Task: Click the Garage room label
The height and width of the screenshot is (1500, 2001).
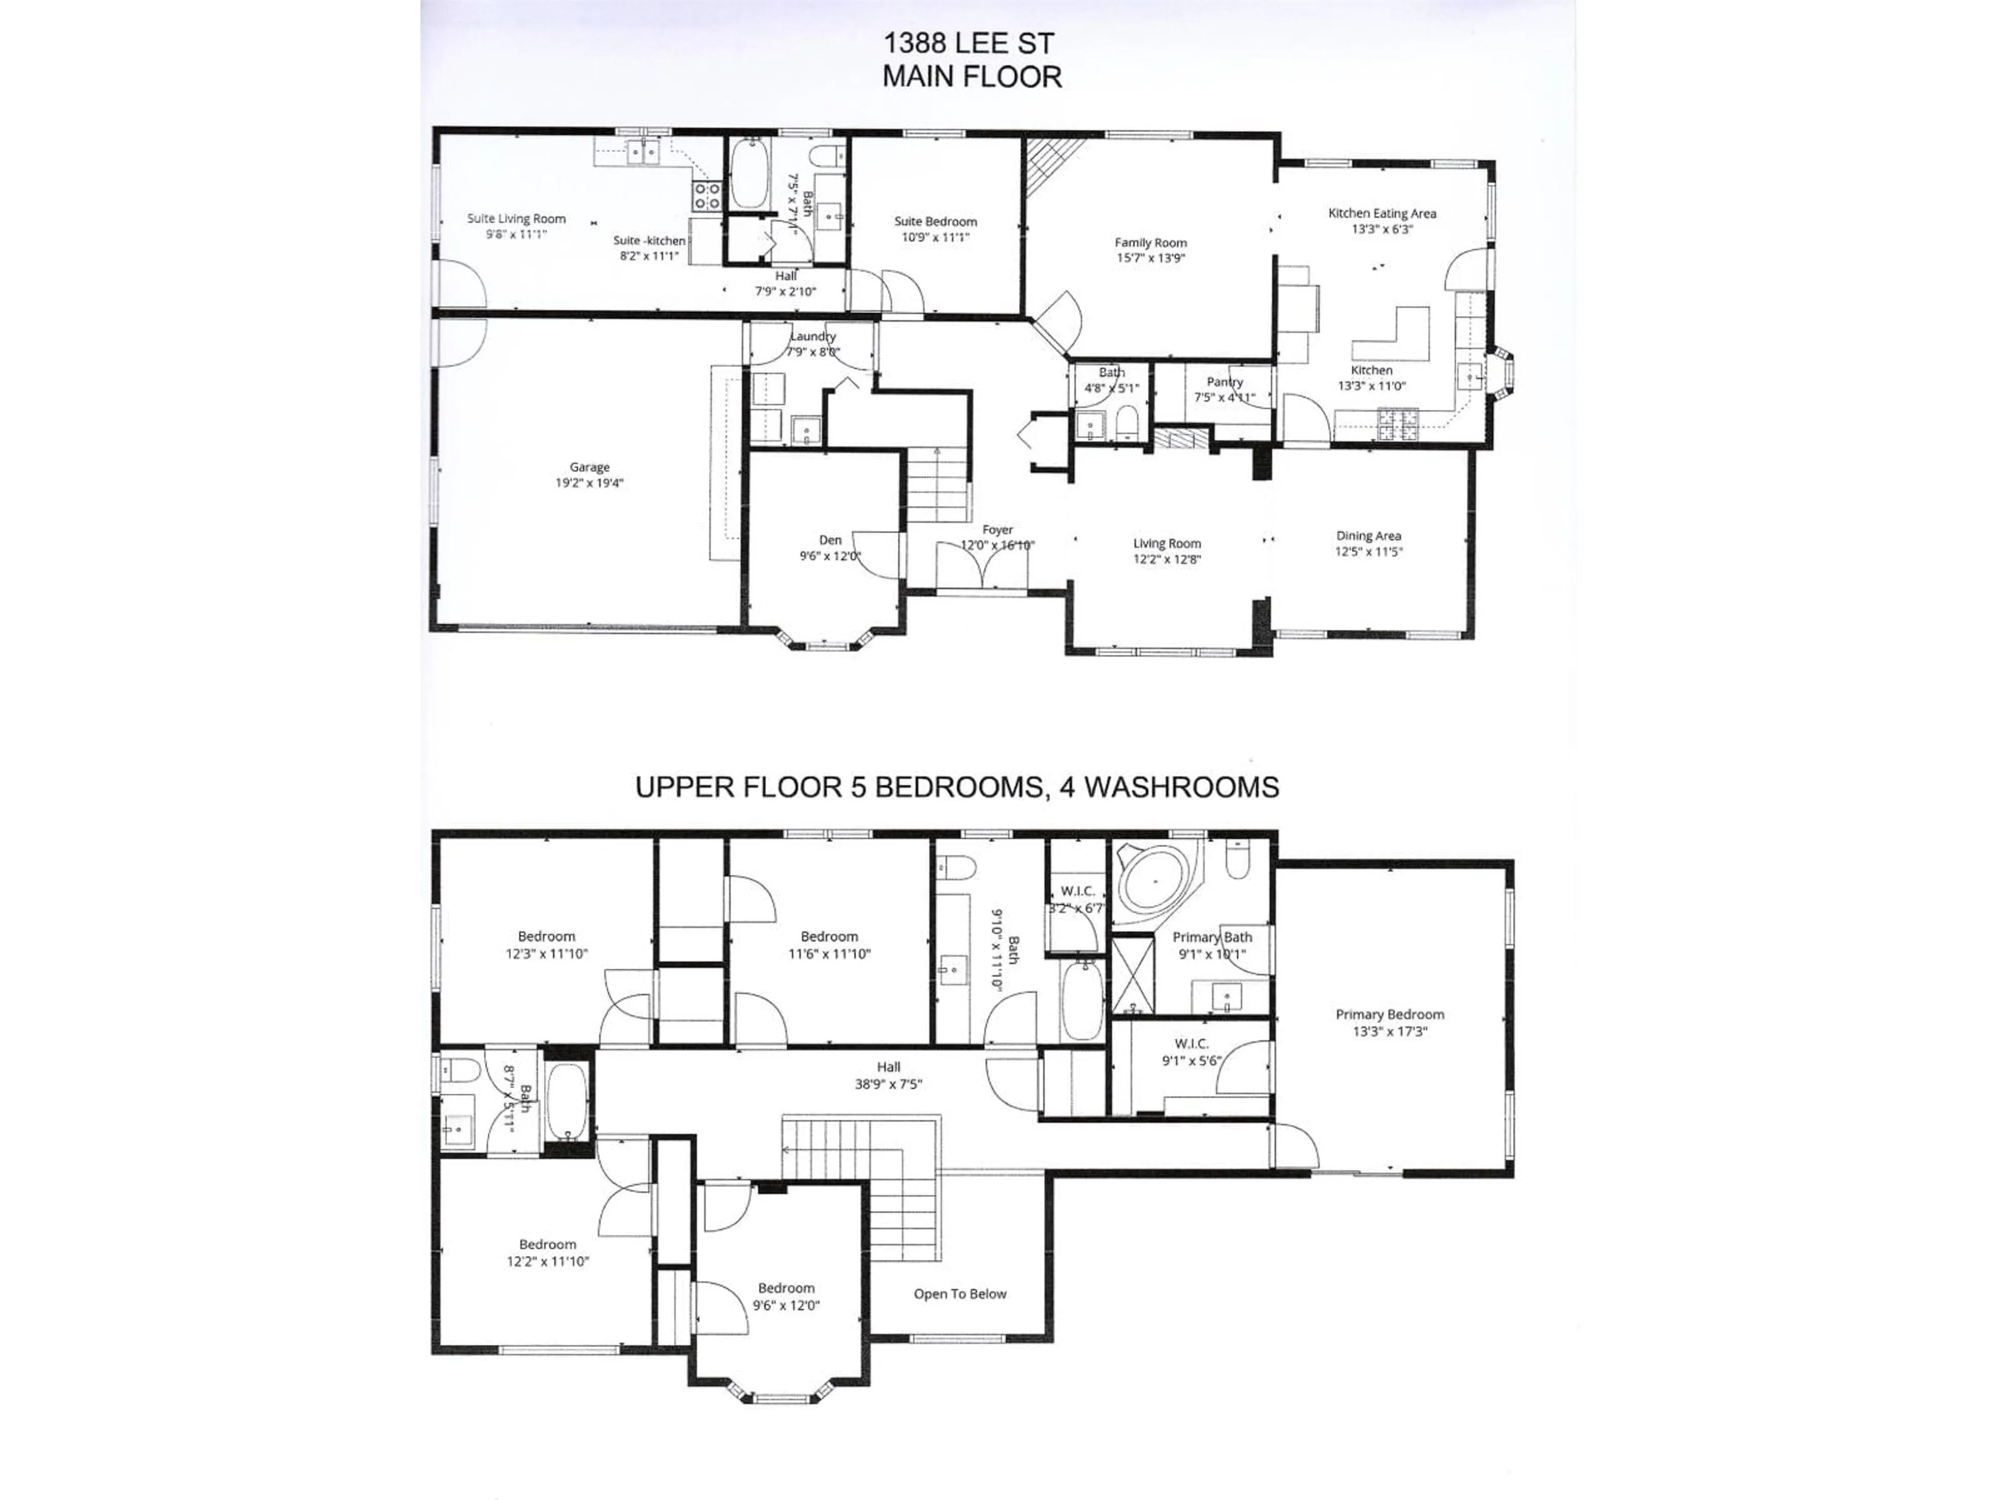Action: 589,468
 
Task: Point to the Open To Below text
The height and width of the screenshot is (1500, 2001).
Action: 960,1294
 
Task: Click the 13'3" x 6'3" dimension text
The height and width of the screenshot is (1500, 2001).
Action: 1381,230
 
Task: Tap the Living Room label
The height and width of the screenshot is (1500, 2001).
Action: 1167,543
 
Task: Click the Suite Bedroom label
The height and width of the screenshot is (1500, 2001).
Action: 935,221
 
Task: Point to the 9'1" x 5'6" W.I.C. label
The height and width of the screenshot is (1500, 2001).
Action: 1191,1060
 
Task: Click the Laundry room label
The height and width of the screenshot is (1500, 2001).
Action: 812,336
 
